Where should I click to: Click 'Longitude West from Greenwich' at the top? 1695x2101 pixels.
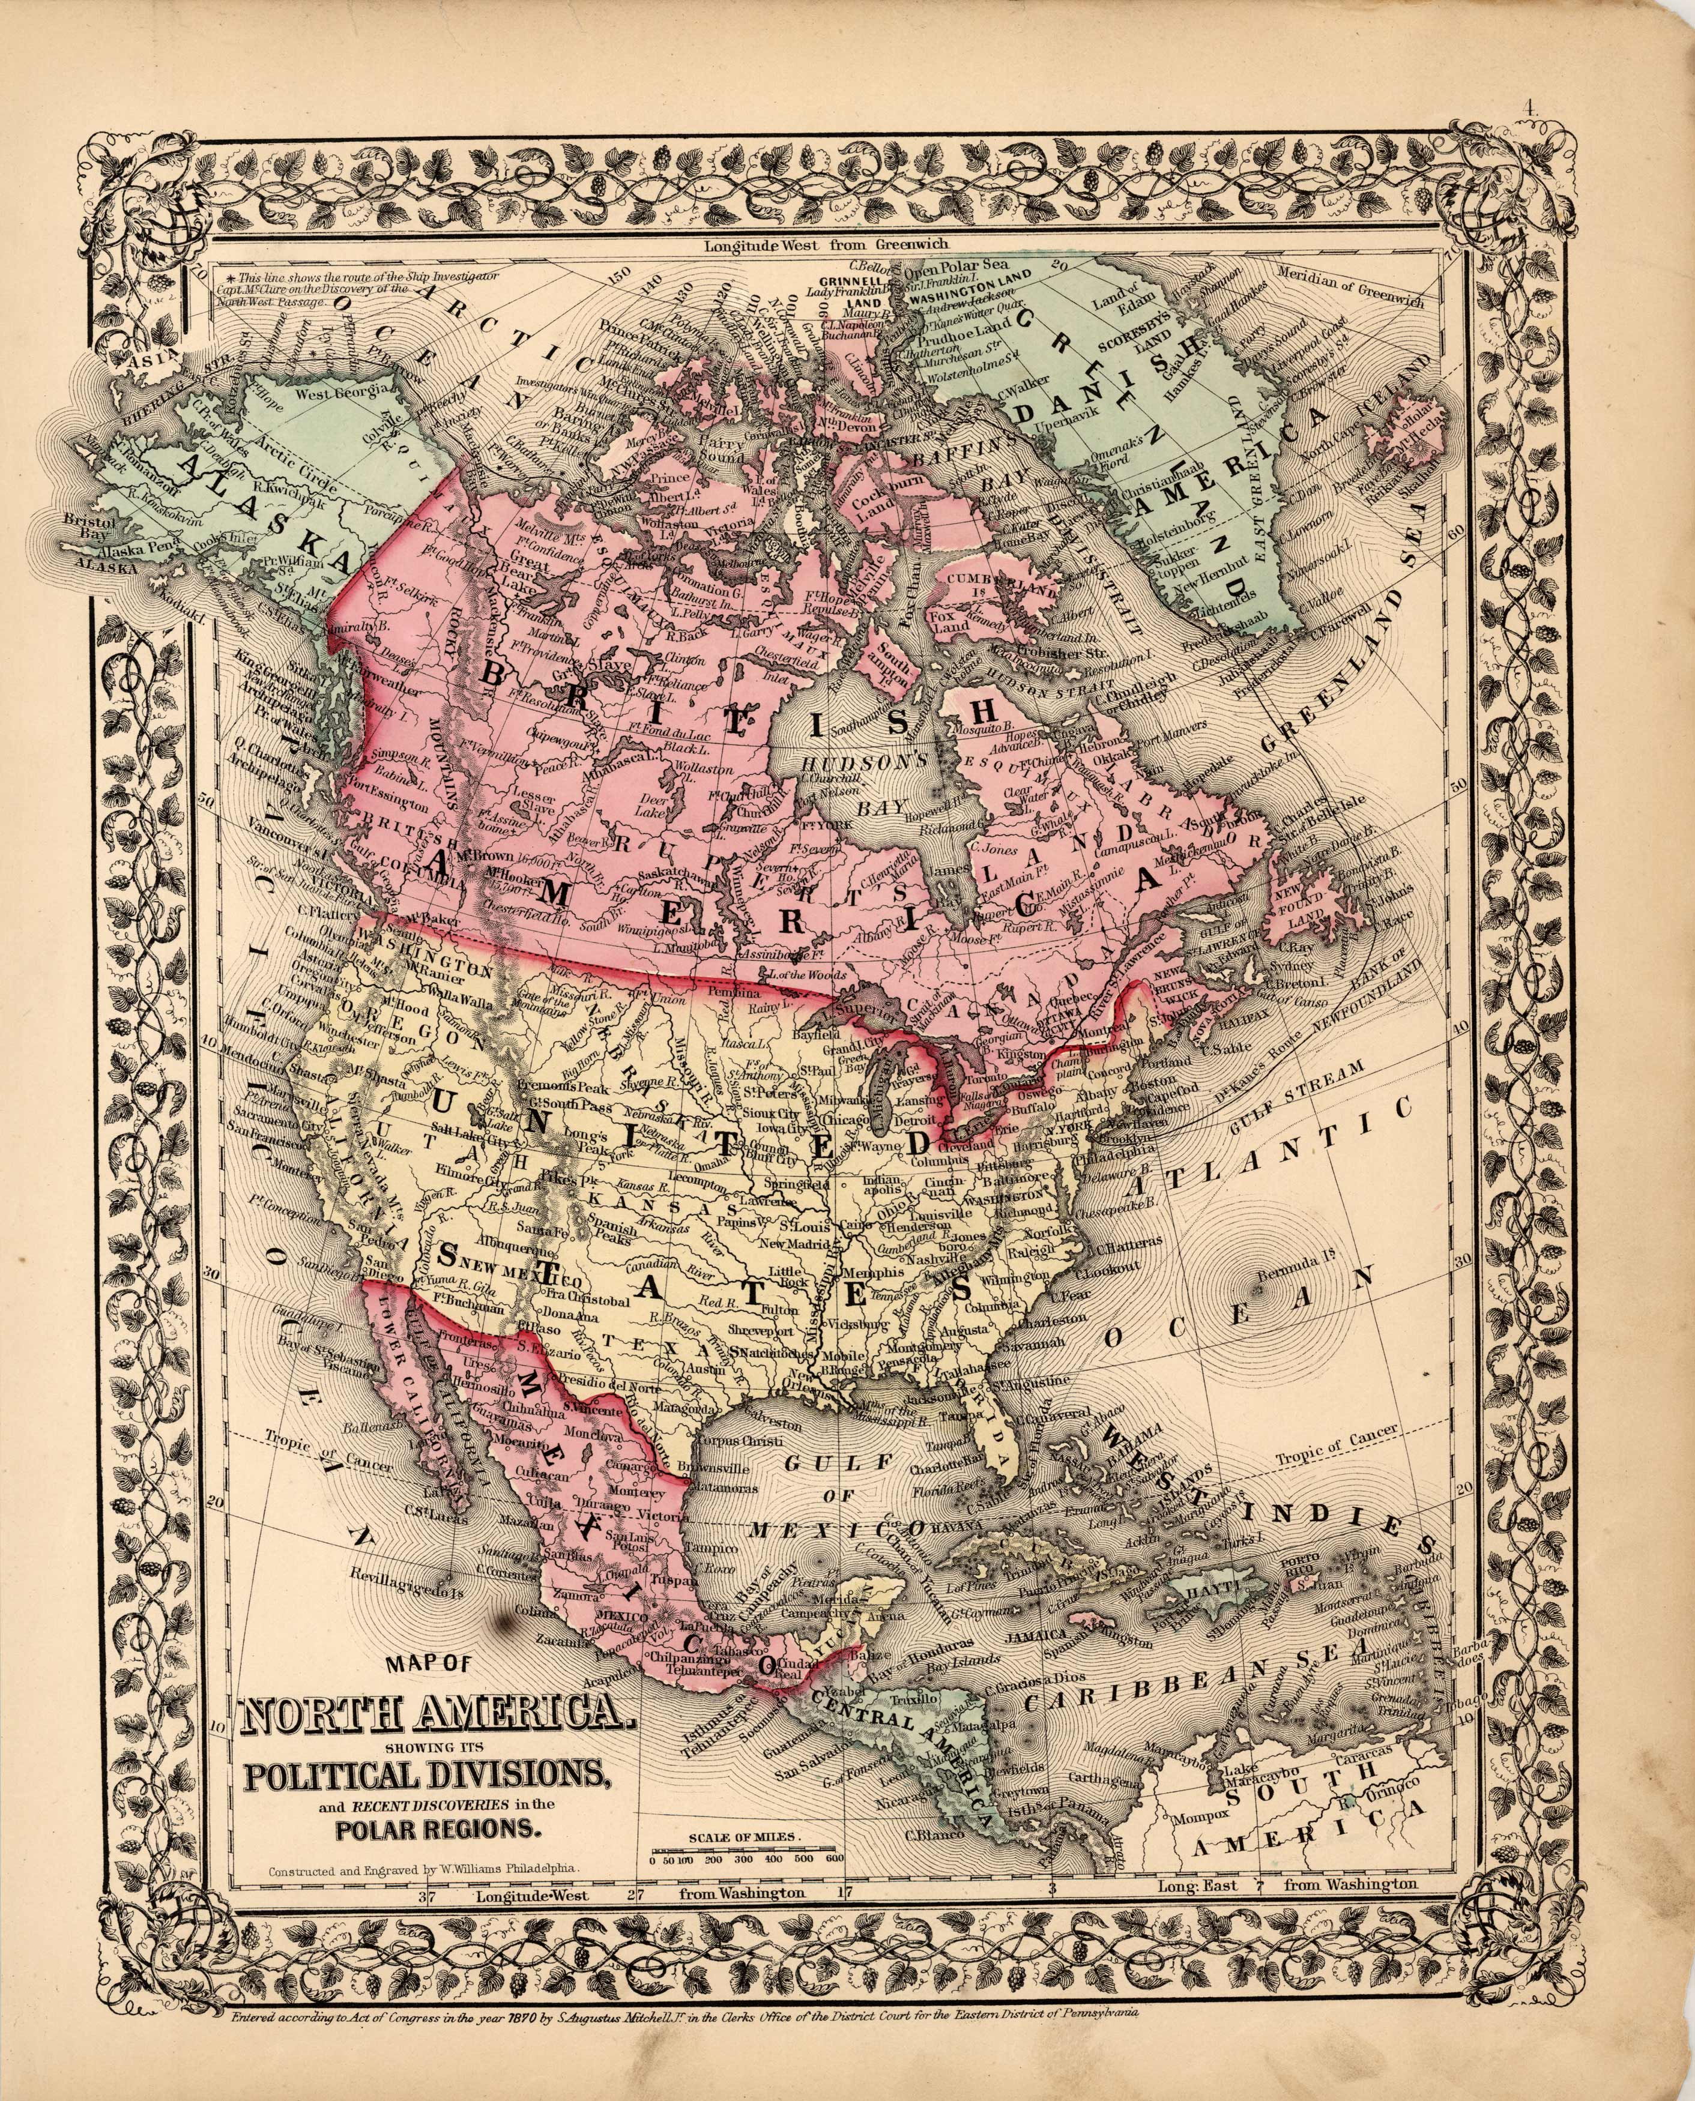click(826, 245)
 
